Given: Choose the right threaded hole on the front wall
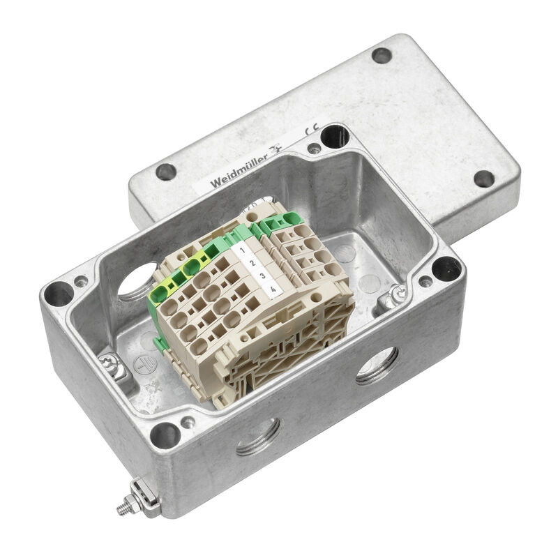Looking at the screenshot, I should point(377,365).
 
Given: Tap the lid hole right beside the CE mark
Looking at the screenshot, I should point(335,135).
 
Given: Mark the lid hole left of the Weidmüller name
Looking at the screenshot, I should point(166,172).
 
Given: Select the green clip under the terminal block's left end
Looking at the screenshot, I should point(159,342).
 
